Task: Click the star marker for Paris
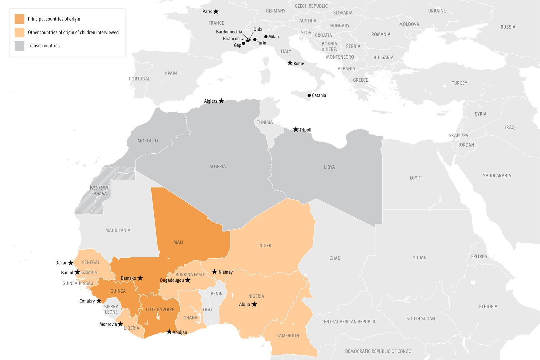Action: (x=216, y=11)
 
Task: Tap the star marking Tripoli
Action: (x=296, y=129)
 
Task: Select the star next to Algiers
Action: (x=221, y=101)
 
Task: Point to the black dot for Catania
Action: (x=309, y=95)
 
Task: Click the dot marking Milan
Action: (x=266, y=37)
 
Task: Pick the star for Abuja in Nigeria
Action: (x=254, y=304)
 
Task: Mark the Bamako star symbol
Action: (x=140, y=278)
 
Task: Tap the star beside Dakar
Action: (x=71, y=263)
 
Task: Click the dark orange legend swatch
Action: (x=19, y=19)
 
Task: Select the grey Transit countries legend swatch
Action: (x=19, y=46)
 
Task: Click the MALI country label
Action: (x=178, y=242)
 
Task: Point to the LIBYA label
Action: (x=329, y=167)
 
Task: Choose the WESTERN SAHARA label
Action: (x=99, y=191)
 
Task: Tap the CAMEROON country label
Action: (x=287, y=336)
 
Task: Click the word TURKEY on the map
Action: (x=459, y=83)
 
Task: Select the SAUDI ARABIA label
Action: (x=497, y=175)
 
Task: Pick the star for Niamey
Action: (x=215, y=272)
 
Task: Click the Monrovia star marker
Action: (x=120, y=324)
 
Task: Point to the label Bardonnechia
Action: (x=229, y=32)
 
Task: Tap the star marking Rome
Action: (x=290, y=63)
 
